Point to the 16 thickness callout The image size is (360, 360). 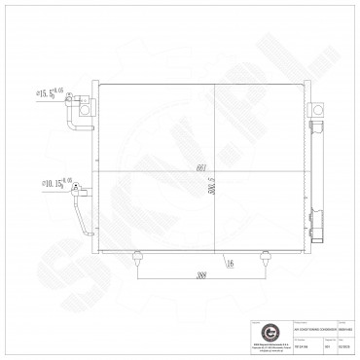(227, 260)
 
